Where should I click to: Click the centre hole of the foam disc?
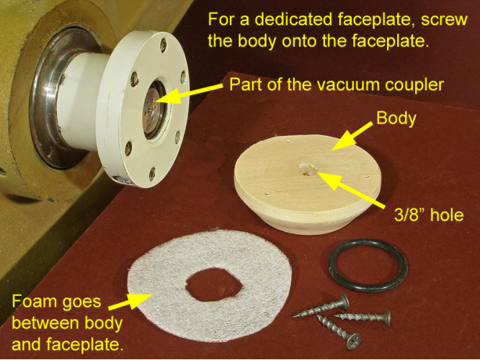pos(214,284)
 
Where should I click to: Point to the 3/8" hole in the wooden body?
pos(307,168)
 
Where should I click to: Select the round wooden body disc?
pos(308,184)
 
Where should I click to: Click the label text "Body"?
pos(396,118)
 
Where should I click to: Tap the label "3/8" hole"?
pos(429,215)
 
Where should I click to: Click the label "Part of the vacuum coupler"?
pos(337,84)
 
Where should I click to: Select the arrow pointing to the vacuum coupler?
pos(190,93)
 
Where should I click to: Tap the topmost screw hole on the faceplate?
pos(163,45)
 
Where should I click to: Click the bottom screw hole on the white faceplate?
pos(152,174)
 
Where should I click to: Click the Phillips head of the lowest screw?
pos(354,341)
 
